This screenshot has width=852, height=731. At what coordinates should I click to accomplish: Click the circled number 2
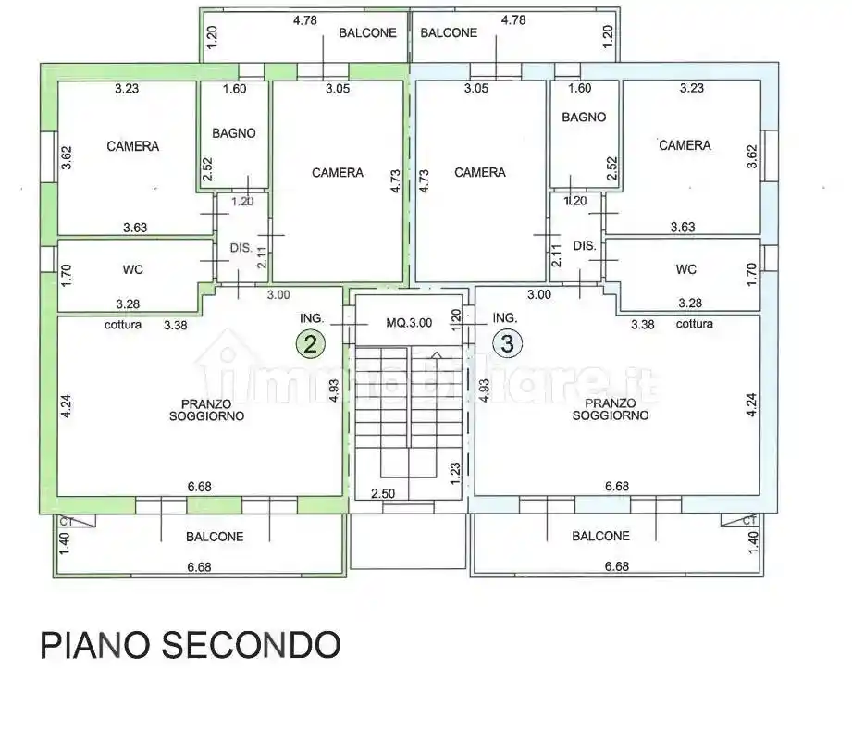tap(310, 344)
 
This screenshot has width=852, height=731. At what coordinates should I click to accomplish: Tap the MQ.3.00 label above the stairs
tap(408, 323)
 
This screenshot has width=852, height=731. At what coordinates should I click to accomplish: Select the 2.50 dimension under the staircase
tap(383, 493)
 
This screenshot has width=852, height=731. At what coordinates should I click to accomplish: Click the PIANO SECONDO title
tap(191, 645)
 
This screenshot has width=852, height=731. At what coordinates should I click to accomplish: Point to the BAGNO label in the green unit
tap(233, 133)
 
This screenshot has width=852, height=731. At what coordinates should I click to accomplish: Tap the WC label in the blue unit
tap(685, 269)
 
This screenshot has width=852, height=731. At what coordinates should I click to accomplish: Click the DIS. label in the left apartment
tap(241, 247)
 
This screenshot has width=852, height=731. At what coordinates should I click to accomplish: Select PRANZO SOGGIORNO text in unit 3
tap(610, 410)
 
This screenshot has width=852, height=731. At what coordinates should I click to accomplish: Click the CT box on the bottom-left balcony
tap(65, 523)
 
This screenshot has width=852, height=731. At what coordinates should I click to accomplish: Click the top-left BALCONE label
tap(367, 32)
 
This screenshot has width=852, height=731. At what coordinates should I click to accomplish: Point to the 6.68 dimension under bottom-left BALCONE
tap(201, 566)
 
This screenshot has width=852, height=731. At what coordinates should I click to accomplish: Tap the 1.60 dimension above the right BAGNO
tap(579, 89)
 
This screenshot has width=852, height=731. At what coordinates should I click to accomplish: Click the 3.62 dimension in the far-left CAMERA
tap(67, 158)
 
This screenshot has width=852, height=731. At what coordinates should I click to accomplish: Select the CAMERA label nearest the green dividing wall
tap(338, 173)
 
